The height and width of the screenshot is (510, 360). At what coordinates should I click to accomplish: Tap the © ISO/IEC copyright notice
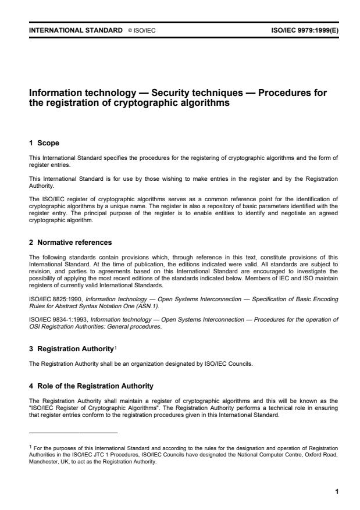click(142, 29)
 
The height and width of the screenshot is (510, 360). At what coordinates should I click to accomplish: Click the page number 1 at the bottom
click(336, 492)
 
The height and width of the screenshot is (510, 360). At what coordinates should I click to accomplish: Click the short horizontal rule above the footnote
click(73, 433)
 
